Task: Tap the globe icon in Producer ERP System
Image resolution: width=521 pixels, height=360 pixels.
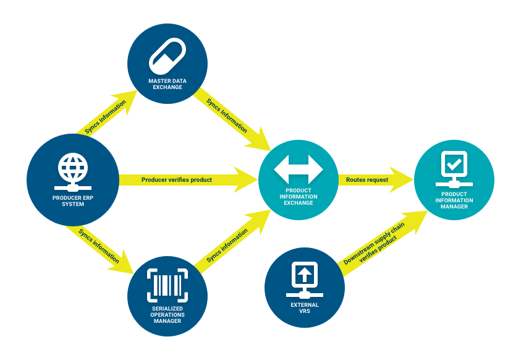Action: point(73,168)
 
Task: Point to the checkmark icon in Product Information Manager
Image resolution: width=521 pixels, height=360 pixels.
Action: point(454,164)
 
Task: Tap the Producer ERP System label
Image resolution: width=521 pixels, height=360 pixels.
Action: point(72,201)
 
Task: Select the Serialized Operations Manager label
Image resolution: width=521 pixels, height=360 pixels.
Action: point(166,314)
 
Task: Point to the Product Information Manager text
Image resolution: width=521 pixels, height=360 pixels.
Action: point(454,200)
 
